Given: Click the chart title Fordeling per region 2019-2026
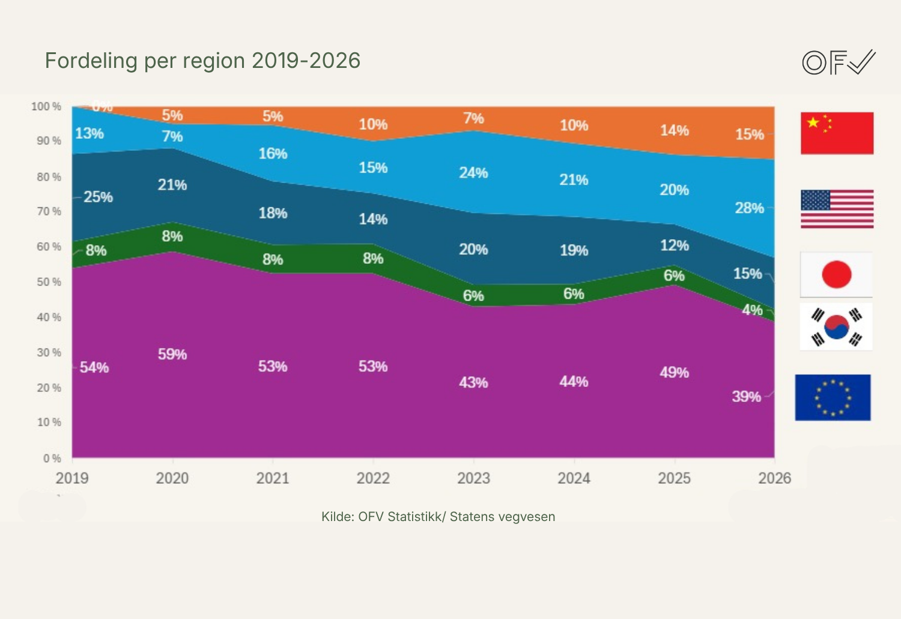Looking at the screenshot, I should pyautogui.click(x=202, y=61).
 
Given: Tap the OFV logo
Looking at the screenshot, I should pyautogui.click(x=839, y=62).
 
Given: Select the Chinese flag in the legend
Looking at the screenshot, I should pyautogui.click(x=837, y=133).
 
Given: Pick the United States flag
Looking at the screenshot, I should pyautogui.click(x=837, y=209).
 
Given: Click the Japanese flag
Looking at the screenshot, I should pyautogui.click(x=836, y=275).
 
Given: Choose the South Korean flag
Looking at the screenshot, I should pyautogui.click(x=836, y=327).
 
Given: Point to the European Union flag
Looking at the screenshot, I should pyautogui.click(x=833, y=397).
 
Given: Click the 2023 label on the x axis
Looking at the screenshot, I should pyautogui.click(x=473, y=478).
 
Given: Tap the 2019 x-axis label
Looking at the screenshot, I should pyautogui.click(x=72, y=478).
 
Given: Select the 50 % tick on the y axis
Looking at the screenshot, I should pyautogui.click(x=49, y=282).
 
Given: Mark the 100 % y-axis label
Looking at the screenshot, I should pyautogui.click(x=46, y=106).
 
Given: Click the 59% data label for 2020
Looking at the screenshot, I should pyautogui.click(x=172, y=355).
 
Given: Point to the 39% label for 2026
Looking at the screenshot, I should pyautogui.click(x=746, y=397).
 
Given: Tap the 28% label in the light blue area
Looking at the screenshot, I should pyautogui.click(x=749, y=208).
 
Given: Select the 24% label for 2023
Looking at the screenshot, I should pyautogui.click(x=473, y=173).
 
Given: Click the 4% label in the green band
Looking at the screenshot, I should pyautogui.click(x=752, y=310).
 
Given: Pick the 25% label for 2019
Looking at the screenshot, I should pyautogui.click(x=98, y=197).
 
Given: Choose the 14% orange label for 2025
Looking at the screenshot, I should pyautogui.click(x=674, y=130).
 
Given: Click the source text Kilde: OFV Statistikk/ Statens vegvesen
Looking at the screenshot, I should pyautogui.click(x=438, y=517).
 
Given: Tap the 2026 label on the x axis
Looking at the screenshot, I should pyautogui.click(x=774, y=478).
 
